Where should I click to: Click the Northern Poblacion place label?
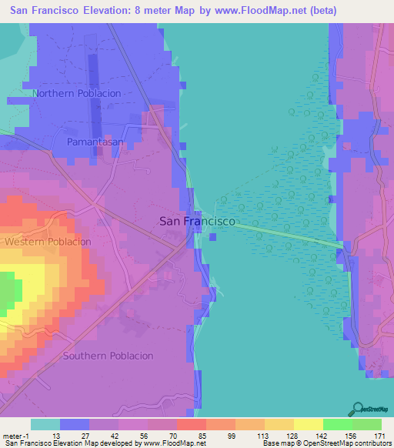pos(77,93)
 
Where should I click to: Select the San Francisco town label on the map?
pos(197,221)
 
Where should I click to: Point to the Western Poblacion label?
pos(48,242)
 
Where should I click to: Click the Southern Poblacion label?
pos(109,356)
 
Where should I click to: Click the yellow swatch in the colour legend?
pos(308,424)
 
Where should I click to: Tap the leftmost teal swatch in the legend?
pos(45,424)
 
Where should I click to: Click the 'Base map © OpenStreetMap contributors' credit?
pos(326,443)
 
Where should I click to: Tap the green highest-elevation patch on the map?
pos(8,293)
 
